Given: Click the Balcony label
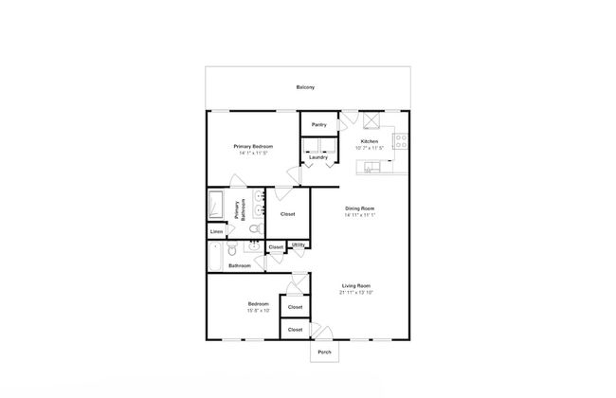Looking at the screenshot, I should tap(305, 87).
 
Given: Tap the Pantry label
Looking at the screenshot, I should tap(319, 124).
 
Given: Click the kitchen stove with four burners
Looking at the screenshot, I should tap(402, 141).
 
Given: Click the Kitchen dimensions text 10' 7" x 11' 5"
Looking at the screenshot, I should tap(370, 147).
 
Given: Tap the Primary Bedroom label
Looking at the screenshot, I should tap(254, 146).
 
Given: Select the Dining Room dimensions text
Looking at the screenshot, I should tap(361, 214).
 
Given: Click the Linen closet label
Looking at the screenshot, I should tap(217, 232).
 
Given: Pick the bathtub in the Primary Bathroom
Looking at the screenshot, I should tap(215, 207).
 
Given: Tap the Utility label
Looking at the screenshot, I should tap(299, 245).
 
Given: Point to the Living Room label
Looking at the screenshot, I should tap(355, 285).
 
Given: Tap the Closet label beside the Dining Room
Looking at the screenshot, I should tap(288, 213).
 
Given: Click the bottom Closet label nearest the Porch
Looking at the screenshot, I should tap(295, 329).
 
